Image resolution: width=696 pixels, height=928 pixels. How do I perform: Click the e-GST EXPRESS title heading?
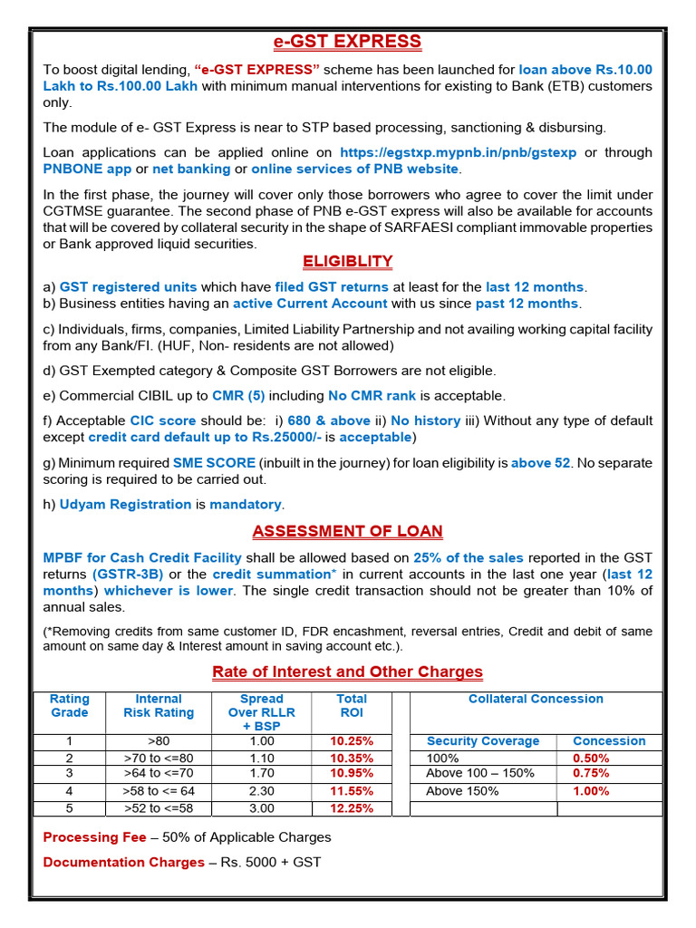(347, 42)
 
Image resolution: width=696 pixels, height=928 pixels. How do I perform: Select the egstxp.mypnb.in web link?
(458, 152)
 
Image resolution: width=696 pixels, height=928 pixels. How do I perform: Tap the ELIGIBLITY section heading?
(347, 262)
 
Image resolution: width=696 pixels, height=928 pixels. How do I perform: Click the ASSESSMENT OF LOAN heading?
(347, 531)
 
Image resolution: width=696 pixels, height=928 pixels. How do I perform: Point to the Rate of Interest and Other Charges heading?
(347, 672)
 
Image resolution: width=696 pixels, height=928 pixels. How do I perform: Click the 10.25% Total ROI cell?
(352, 741)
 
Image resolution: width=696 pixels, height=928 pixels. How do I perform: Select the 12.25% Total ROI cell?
(352, 808)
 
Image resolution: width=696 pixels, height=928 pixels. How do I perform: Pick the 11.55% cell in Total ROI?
(352, 791)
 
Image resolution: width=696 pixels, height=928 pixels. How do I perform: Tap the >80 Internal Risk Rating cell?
(159, 741)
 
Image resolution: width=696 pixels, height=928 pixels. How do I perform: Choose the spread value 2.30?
(261, 791)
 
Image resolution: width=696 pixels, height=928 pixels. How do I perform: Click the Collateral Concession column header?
(536, 699)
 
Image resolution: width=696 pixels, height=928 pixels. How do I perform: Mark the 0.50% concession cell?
(591, 758)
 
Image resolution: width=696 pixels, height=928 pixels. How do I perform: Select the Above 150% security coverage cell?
(462, 791)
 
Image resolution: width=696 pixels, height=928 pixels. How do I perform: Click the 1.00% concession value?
(591, 791)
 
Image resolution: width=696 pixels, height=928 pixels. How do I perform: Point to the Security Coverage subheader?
(483, 741)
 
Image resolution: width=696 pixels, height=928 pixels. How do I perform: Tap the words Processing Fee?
(94, 837)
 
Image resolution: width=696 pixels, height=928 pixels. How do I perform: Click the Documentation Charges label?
(123, 863)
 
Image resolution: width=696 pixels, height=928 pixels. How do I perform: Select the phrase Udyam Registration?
(125, 504)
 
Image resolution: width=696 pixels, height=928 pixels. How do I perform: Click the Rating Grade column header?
(69, 706)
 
